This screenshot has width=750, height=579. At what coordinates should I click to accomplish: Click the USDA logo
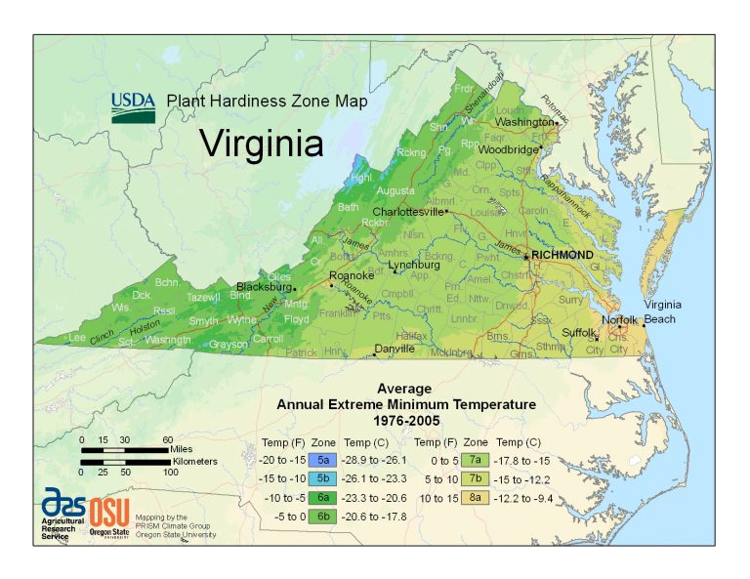(132, 106)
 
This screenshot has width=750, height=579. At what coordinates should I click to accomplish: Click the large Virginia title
(261, 144)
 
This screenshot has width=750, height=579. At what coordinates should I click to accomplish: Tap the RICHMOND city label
(562, 255)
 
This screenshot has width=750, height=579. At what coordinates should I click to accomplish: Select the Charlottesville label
(407, 211)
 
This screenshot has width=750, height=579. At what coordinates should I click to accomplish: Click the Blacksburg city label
(264, 287)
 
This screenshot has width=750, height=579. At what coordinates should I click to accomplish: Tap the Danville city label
(395, 348)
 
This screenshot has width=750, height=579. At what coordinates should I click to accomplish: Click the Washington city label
(523, 122)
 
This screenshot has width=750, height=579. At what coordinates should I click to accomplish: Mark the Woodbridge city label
(509, 149)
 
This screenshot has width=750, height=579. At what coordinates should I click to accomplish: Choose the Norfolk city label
(619, 319)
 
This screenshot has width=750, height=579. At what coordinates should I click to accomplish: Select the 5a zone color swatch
(323, 458)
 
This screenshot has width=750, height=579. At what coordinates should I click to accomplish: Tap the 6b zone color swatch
(323, 517)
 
